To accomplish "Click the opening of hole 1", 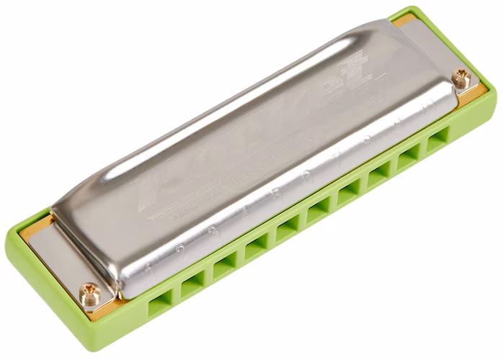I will (159, 303).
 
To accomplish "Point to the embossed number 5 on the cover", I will (275, 194).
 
